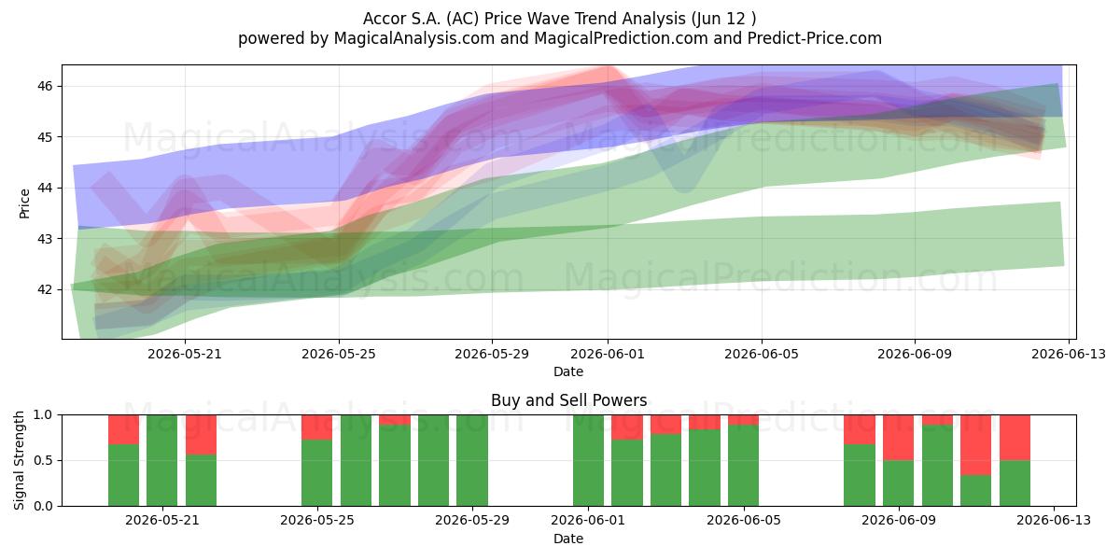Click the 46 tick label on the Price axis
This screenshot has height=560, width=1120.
tap(45, 86)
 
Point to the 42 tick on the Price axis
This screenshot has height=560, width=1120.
tap(45, 289)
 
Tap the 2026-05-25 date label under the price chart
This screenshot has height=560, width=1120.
tap(339, 354)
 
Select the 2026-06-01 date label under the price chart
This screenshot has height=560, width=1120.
tap(608, 354)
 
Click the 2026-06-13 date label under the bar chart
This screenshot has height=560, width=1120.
tap(1054, 521)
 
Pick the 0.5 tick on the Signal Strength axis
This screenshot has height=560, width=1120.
tap(43, 460)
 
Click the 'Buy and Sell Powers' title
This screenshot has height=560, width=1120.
tap(569, 400)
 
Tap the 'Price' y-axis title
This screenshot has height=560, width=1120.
tap(24, 203)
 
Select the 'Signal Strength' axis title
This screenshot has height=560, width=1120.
tap(19, 460)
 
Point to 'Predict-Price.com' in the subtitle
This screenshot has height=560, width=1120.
tap(815, 38)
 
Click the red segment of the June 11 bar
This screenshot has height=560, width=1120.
tap(975, 445)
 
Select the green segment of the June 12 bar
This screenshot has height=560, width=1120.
tap(1015, 483)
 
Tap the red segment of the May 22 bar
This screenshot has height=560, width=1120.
tap(201, 435)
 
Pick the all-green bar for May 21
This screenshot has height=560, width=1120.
tap(162, 460)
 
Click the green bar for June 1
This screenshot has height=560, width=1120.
tap(589, 460)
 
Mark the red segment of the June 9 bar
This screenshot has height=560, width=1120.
tap(898, 438)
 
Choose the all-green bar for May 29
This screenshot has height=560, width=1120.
tap(472, 460)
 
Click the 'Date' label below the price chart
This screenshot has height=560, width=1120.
tap(568, 371)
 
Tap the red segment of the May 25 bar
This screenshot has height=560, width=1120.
tap(317, 427)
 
